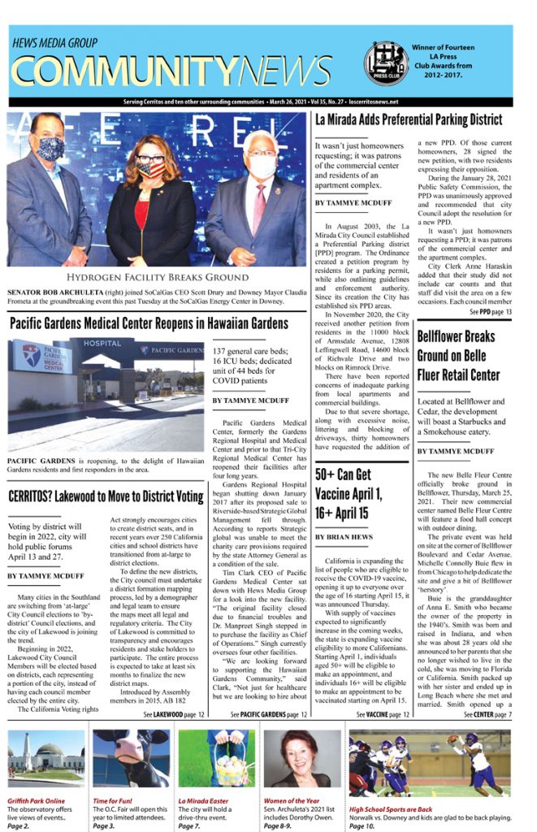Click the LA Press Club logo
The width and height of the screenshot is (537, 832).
tap(385, 63)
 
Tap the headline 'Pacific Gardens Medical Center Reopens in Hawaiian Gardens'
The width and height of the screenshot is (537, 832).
tap(149, 323)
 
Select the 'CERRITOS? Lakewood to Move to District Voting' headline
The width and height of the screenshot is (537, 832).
tap(106, 496)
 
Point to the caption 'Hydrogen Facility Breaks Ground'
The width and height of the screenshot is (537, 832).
tap(157, 277)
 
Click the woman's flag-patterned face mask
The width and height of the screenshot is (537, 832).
tap(149, 169)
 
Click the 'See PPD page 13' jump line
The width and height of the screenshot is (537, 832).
tap(491, 312)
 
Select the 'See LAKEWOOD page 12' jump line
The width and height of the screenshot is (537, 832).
tap(174, 714)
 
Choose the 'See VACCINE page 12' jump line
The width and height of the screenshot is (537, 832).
tap(382, 714)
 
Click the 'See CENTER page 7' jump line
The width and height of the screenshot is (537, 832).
tap(487, 714)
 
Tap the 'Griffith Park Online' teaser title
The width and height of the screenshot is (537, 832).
tap(37, 800)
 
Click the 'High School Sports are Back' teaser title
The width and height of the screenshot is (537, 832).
tap(391, 809)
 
